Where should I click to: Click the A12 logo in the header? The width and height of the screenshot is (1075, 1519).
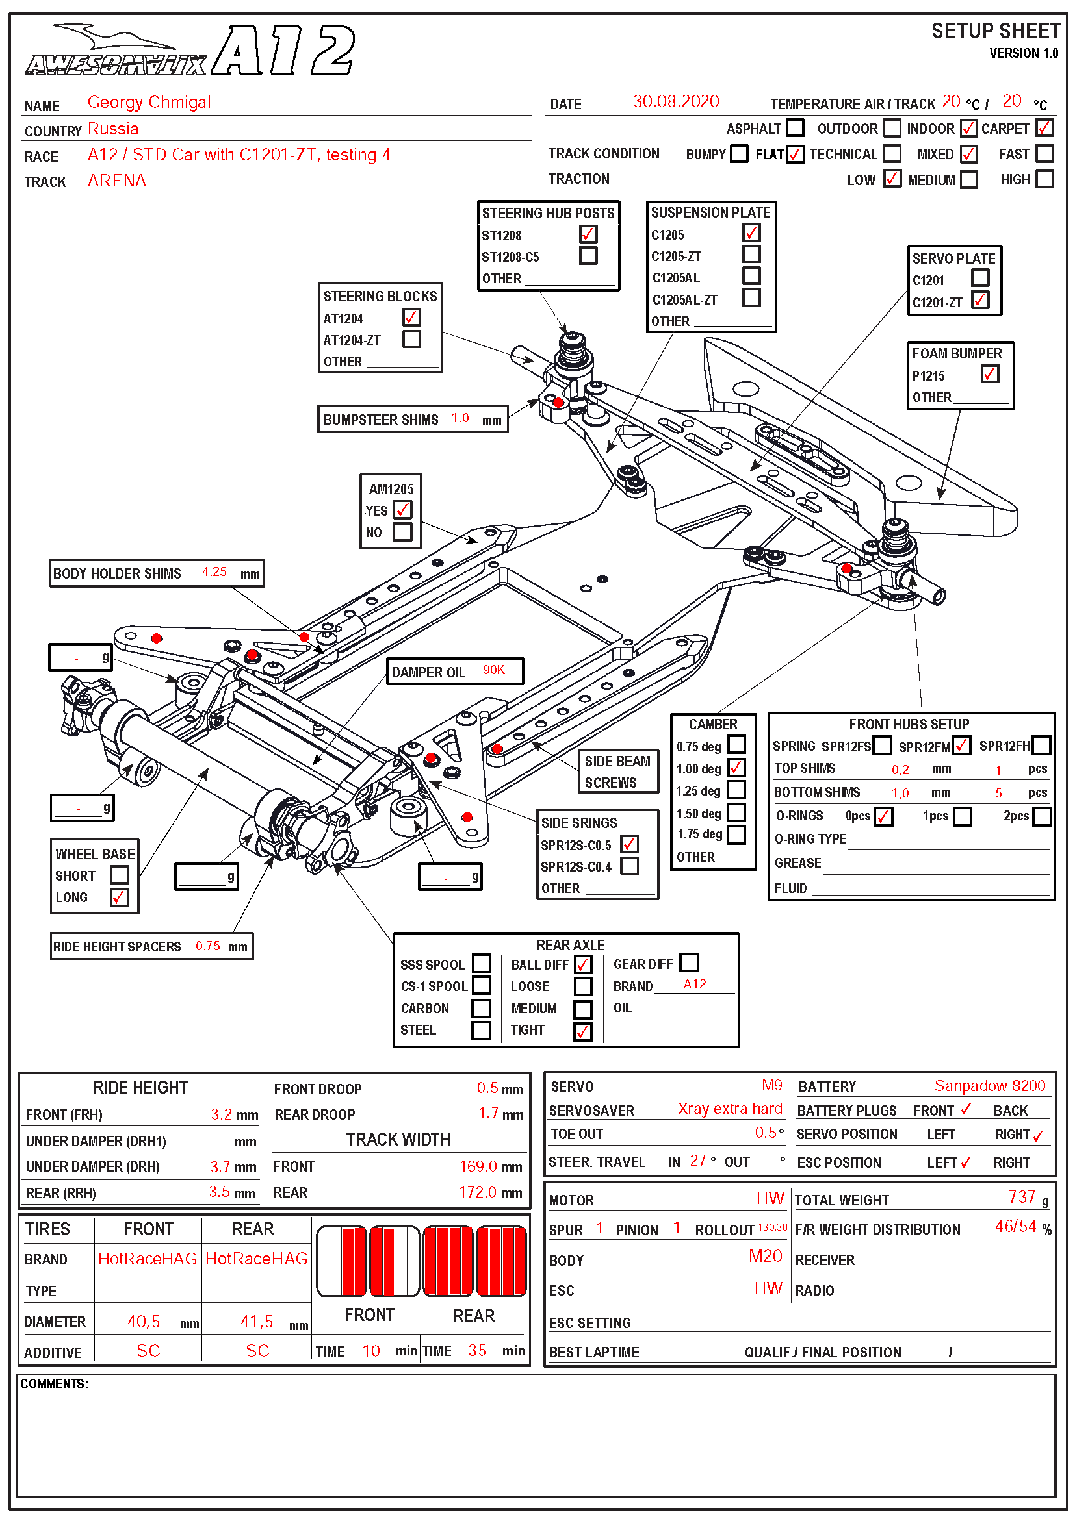coord(285,51)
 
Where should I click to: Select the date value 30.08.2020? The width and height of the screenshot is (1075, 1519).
coord(675,101)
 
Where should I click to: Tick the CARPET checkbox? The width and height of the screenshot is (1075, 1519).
coord(1044,128)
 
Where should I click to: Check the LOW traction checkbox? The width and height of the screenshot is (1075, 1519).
coord(892,179)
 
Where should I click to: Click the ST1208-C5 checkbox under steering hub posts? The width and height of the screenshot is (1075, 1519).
coord(588,255)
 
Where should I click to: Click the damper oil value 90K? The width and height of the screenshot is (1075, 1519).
coord(493,670)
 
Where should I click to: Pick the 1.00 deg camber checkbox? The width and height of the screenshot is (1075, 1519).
coord(736,768)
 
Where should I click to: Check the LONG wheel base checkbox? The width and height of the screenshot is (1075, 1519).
coord(119,897)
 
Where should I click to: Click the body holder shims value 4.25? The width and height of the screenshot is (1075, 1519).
coord(214,571)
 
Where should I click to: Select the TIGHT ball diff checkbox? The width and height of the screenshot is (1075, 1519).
coord(582,1031)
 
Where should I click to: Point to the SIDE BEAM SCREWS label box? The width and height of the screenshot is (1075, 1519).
coord(617,772)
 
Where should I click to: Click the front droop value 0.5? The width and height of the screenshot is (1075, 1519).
coord(487,1088)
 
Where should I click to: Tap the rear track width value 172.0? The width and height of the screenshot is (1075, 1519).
coord(477,1192)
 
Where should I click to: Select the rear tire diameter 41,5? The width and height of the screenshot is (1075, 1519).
coord(256,1321)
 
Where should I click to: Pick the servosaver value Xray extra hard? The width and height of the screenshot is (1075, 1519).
coord(729,1108)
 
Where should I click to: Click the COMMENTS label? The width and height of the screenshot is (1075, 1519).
coord(55,1383)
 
